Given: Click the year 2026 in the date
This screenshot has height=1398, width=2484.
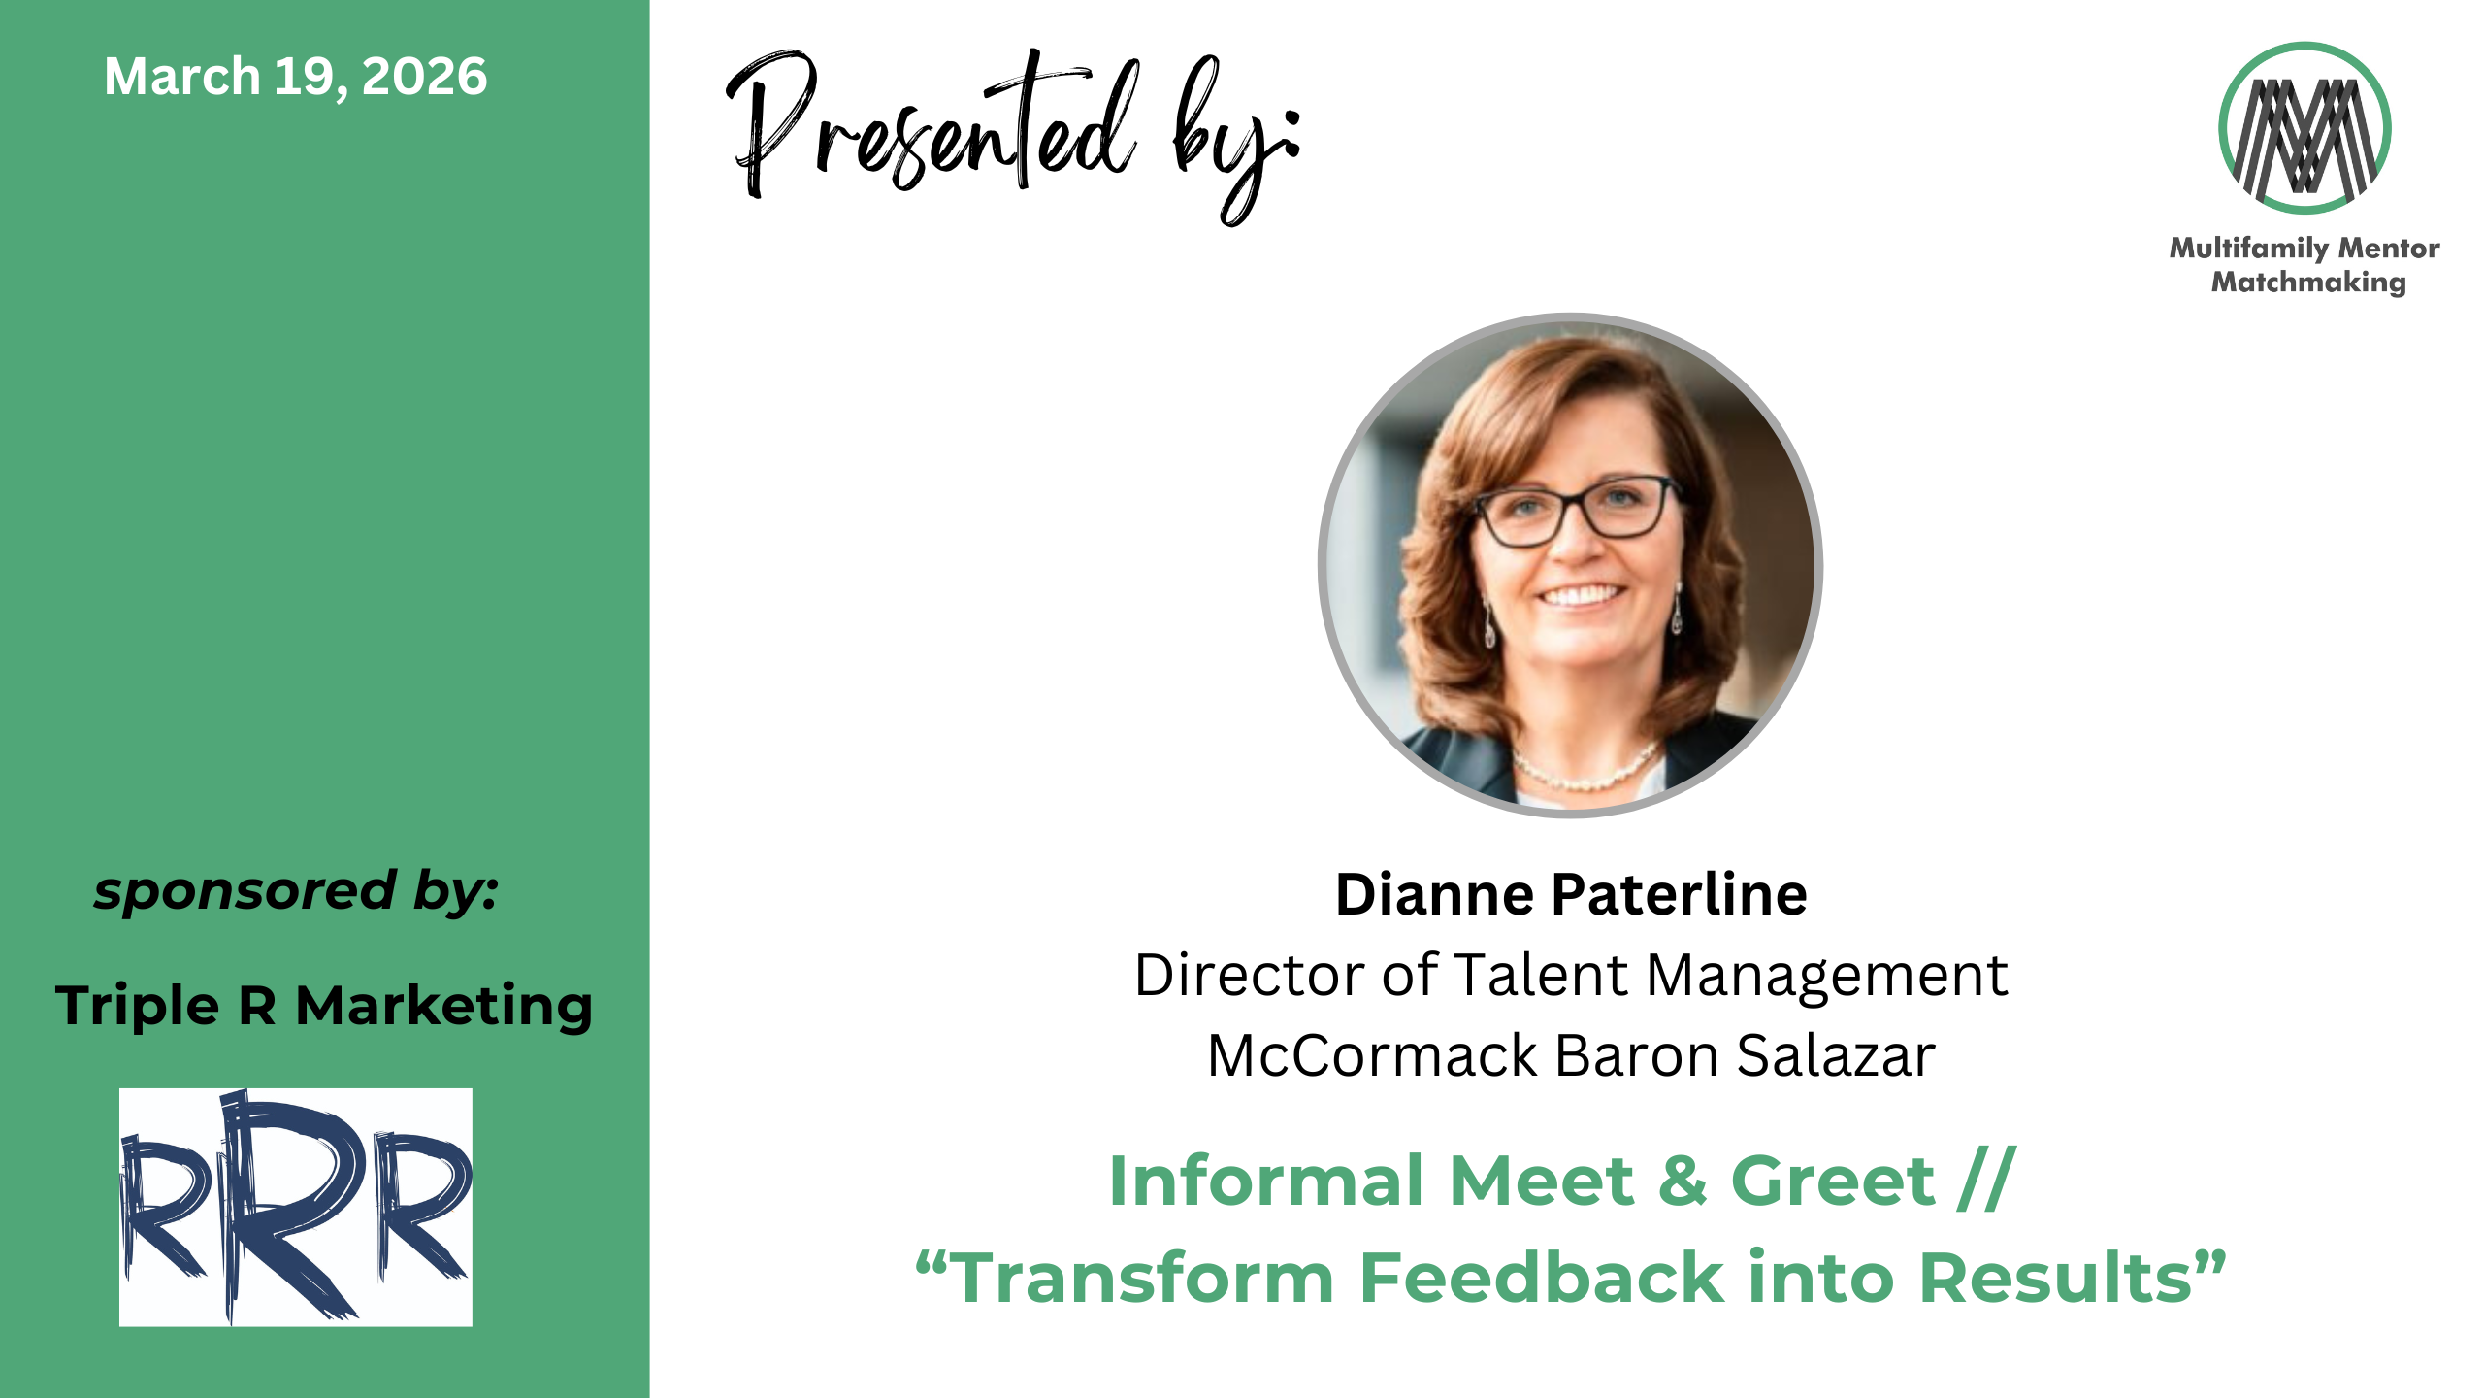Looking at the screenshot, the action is (x=424, y=77).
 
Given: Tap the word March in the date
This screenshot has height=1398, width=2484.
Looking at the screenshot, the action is (x=182, y=77).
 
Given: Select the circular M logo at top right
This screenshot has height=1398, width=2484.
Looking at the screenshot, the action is (x=2304, y=128).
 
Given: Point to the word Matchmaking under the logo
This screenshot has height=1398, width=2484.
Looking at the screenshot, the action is (x=2308, y=283).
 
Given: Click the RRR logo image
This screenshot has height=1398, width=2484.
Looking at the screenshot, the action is (x=296, y=1207).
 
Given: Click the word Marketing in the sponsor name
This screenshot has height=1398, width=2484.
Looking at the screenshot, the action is (x=444, y=1006).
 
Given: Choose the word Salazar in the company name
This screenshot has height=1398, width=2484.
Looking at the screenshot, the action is (x=1836, y=1055).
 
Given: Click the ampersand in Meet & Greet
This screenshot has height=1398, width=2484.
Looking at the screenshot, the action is (x=1683, y=1182).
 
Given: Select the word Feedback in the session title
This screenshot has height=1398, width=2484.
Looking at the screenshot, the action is (x=1543, y=1278).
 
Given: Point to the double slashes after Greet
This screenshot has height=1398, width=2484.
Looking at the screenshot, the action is (x=1987, y=1180).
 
